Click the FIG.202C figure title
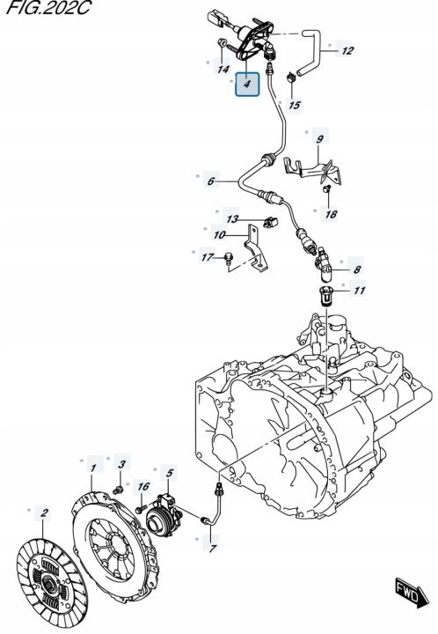pyautogui.click(x=48, y=7)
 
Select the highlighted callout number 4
pyautogui.click(x=247, y=85)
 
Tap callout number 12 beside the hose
pyautogui.click(x=347, y=50)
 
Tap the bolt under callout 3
pyautogui.click(x=119, y=490)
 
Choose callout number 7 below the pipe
pyautogui.click(x=212, y=548)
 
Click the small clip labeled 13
pyautogui.click(x=270, y=222)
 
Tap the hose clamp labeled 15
pyautogui.click(x=291, y=77)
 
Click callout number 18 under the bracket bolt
pyautogui.click(x=331, y=213)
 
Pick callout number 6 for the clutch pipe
pyautogui.click(x=211, y=181)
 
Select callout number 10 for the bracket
pyautogui.click(x=219, y=234)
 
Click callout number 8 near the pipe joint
pyautogui.click(x=357, y=269)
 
